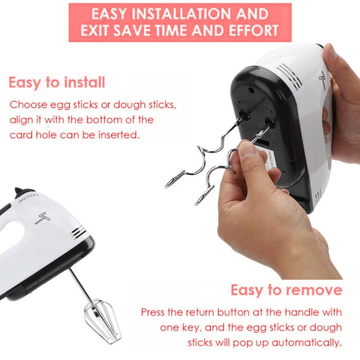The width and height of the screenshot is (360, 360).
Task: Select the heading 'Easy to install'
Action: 57,82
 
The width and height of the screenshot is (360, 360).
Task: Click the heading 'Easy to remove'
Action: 286,290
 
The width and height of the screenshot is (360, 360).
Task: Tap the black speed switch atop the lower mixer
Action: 24,192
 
